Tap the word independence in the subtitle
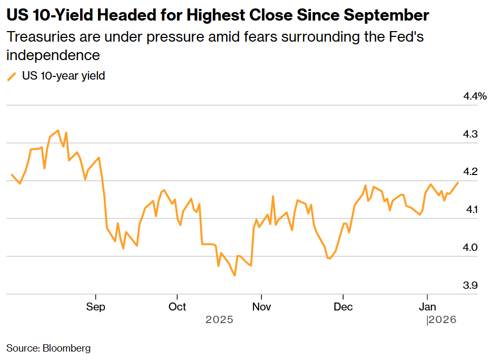(x=53, y=55)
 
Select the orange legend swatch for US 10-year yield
(x=12, y=76)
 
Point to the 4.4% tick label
(x=475, y=96)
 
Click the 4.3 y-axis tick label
(x=470, y=134)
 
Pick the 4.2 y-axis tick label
(x=470, y=172)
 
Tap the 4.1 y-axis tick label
(x=470, y=210)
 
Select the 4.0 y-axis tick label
(x=470, y=248)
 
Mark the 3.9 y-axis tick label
(x=470, y=286)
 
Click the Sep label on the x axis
(x=95, y=307)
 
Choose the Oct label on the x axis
(x=178, y=307)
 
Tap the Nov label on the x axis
(x=261, y=307)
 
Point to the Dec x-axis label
(x=343, y=307)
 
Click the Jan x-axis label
(x=426, y=307)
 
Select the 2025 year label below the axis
(x=219, y=320)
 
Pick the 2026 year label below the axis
(x=442, y=320)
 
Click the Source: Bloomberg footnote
(x=48, y=348)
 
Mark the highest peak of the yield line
(x=58, y=130)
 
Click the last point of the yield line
(x=458, y=182)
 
